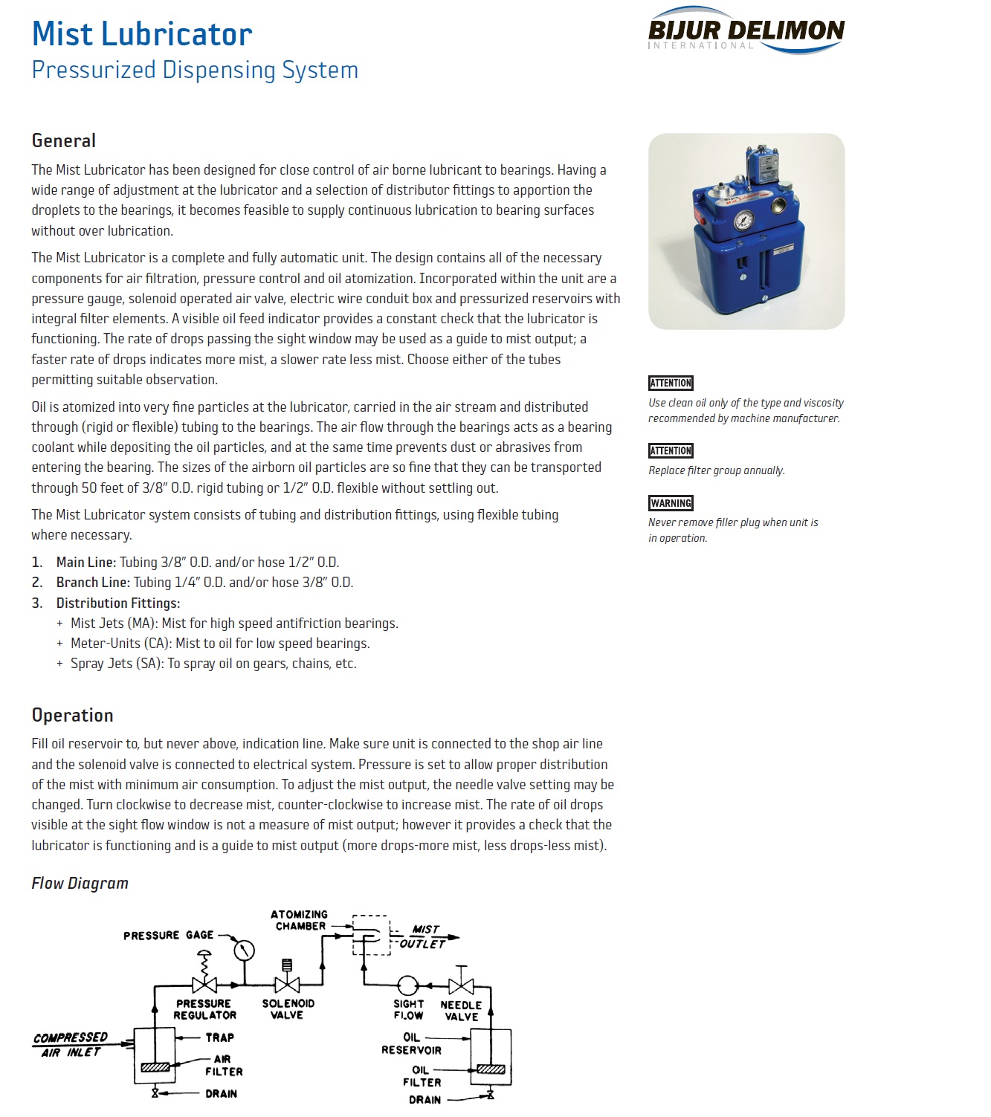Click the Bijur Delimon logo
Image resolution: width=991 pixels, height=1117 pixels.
tap(746, 31)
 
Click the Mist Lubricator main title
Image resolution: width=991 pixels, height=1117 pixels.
tap(142, 33)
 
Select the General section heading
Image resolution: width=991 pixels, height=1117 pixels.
tap(64, 140)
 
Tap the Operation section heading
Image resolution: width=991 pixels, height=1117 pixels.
tap(73, 715)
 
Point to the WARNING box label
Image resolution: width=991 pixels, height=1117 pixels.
tap(671, 503)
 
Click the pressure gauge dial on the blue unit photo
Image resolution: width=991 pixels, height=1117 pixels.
tap(743, 220)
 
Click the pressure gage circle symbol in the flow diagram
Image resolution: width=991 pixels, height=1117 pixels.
tap(244, 950)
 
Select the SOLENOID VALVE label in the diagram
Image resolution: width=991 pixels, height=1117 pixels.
tap(288, 1008)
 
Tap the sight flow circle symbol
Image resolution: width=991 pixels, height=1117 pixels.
tap(407, 985)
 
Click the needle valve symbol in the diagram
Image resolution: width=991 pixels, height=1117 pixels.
tap(462, 985)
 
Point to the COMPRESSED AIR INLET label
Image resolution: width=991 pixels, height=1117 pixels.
tap(71, 1044)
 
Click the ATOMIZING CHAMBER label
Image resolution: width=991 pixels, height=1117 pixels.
tap(300, 920)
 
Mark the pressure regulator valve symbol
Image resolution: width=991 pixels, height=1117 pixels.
tap(204, 985)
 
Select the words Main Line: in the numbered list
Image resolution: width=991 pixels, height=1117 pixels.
tap(86, 562)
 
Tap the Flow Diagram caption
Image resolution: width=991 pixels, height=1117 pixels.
tap(80, 883)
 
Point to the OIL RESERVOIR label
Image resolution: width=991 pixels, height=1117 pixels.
tap(411, 1043)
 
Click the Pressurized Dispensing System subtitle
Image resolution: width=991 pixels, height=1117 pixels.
tap(195, 70)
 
